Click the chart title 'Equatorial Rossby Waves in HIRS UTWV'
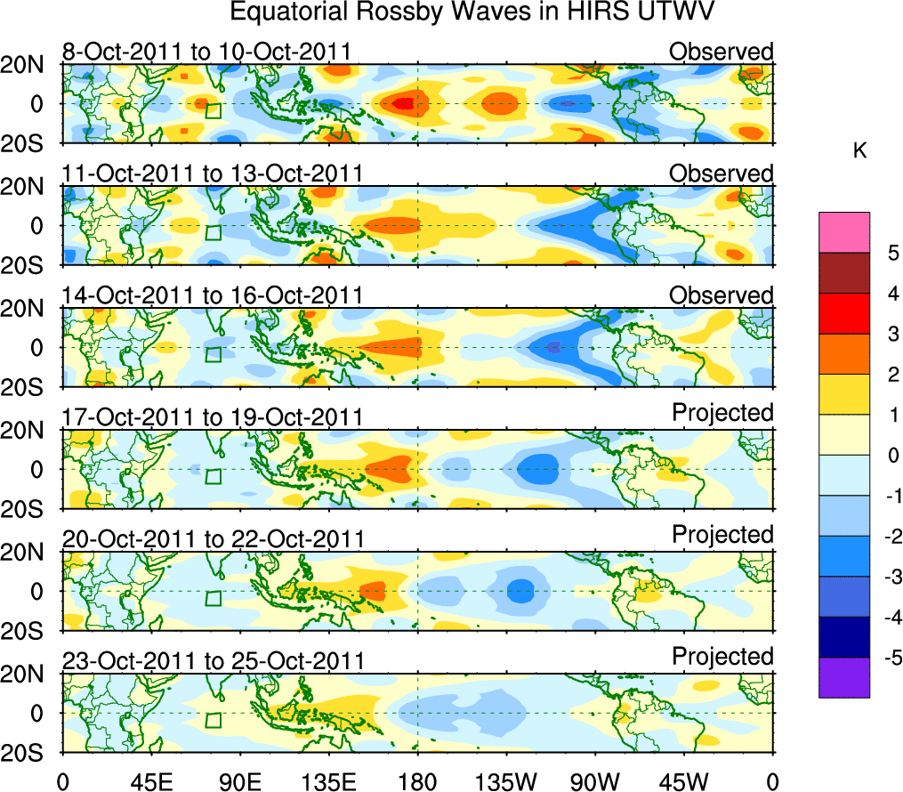point(472,12)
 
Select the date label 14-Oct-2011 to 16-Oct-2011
point(212,295)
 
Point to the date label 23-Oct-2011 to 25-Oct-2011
point(213,661)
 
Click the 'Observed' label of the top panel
point(722,52)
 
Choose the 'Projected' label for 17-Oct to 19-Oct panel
point(722,413)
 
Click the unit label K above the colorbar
point(859,152)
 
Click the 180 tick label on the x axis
point(417,782)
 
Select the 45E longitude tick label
point(150,782)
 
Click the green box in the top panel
point(213,111)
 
